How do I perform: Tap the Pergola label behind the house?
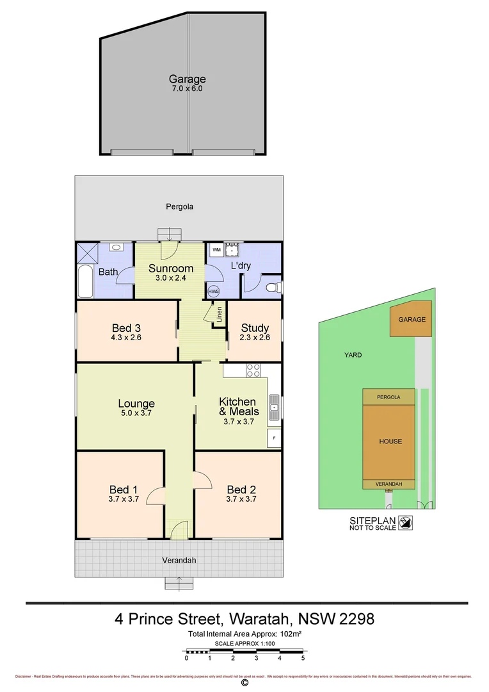tap(179, 206)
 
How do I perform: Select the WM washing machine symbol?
tap(216, 249)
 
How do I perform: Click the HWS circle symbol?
tap(213, 291)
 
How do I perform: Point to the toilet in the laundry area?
tap(274, 288)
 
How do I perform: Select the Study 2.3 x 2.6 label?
tap(255, 333)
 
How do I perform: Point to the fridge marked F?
tap(274, 439)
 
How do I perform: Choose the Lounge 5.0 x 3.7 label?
tap(136, 408)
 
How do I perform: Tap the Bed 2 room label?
tap(241, 493)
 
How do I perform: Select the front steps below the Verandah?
tap(179, 583)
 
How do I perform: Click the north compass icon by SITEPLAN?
tap(406, 523)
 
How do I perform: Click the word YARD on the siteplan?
tap(353, 354)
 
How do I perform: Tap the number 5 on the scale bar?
tap(303, 658)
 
